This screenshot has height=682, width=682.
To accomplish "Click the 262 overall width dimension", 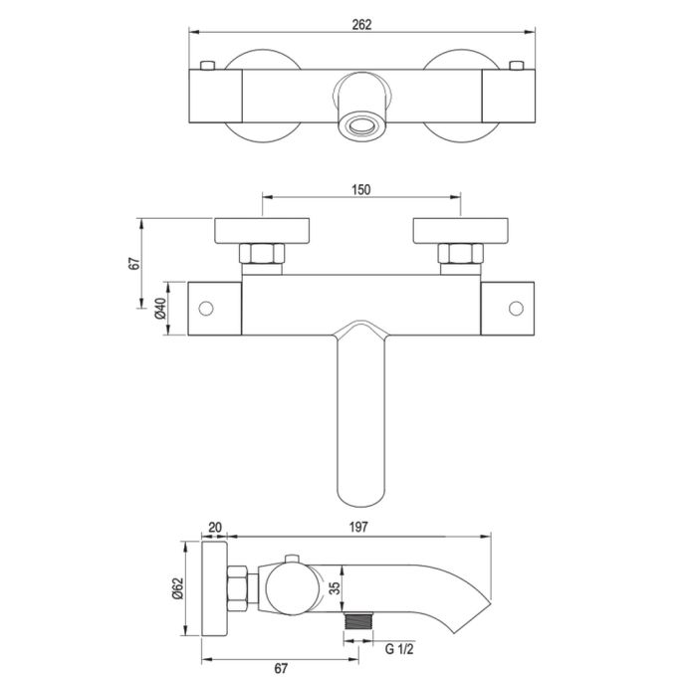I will [x=361, y=25].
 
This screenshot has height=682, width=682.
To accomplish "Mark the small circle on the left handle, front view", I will [x=208, y=308].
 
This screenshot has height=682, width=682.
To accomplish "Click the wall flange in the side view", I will [x=215, y=591].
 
